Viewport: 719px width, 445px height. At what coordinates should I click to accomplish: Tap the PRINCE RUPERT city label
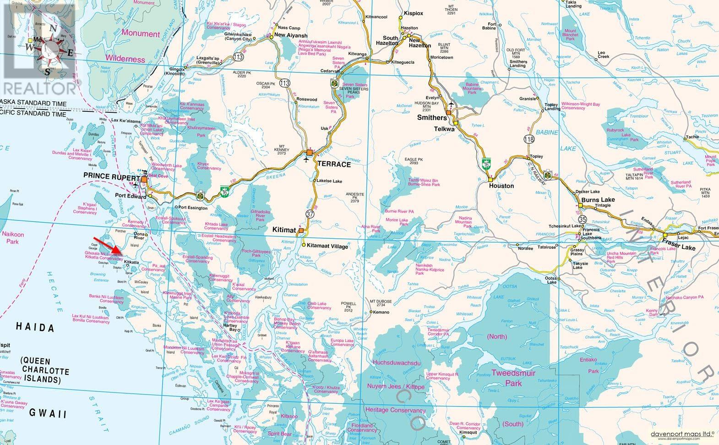click(111, 176)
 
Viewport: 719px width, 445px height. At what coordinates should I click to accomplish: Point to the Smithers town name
click(432, 118)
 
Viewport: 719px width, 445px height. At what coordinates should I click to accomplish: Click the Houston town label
click(501, 186)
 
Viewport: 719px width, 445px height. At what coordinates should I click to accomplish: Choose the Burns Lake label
click(598, 200)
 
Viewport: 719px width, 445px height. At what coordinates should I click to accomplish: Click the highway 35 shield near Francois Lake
click(582, 220)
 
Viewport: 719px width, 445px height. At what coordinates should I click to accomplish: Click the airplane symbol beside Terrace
click(306, 159)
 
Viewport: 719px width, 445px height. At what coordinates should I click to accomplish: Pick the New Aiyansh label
click(291, 36)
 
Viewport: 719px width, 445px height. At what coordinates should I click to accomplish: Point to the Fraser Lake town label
click(679, 248)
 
